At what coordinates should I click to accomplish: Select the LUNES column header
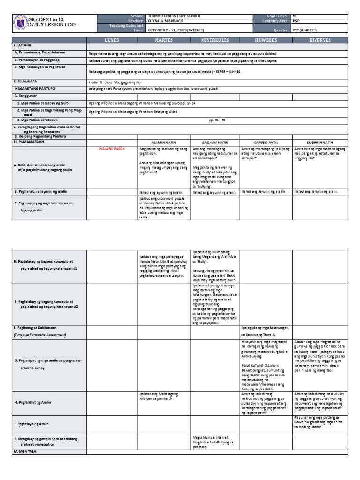(112, 41)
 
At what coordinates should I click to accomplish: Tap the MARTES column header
(164, 41)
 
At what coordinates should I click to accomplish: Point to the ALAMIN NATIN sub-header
(163, 142)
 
